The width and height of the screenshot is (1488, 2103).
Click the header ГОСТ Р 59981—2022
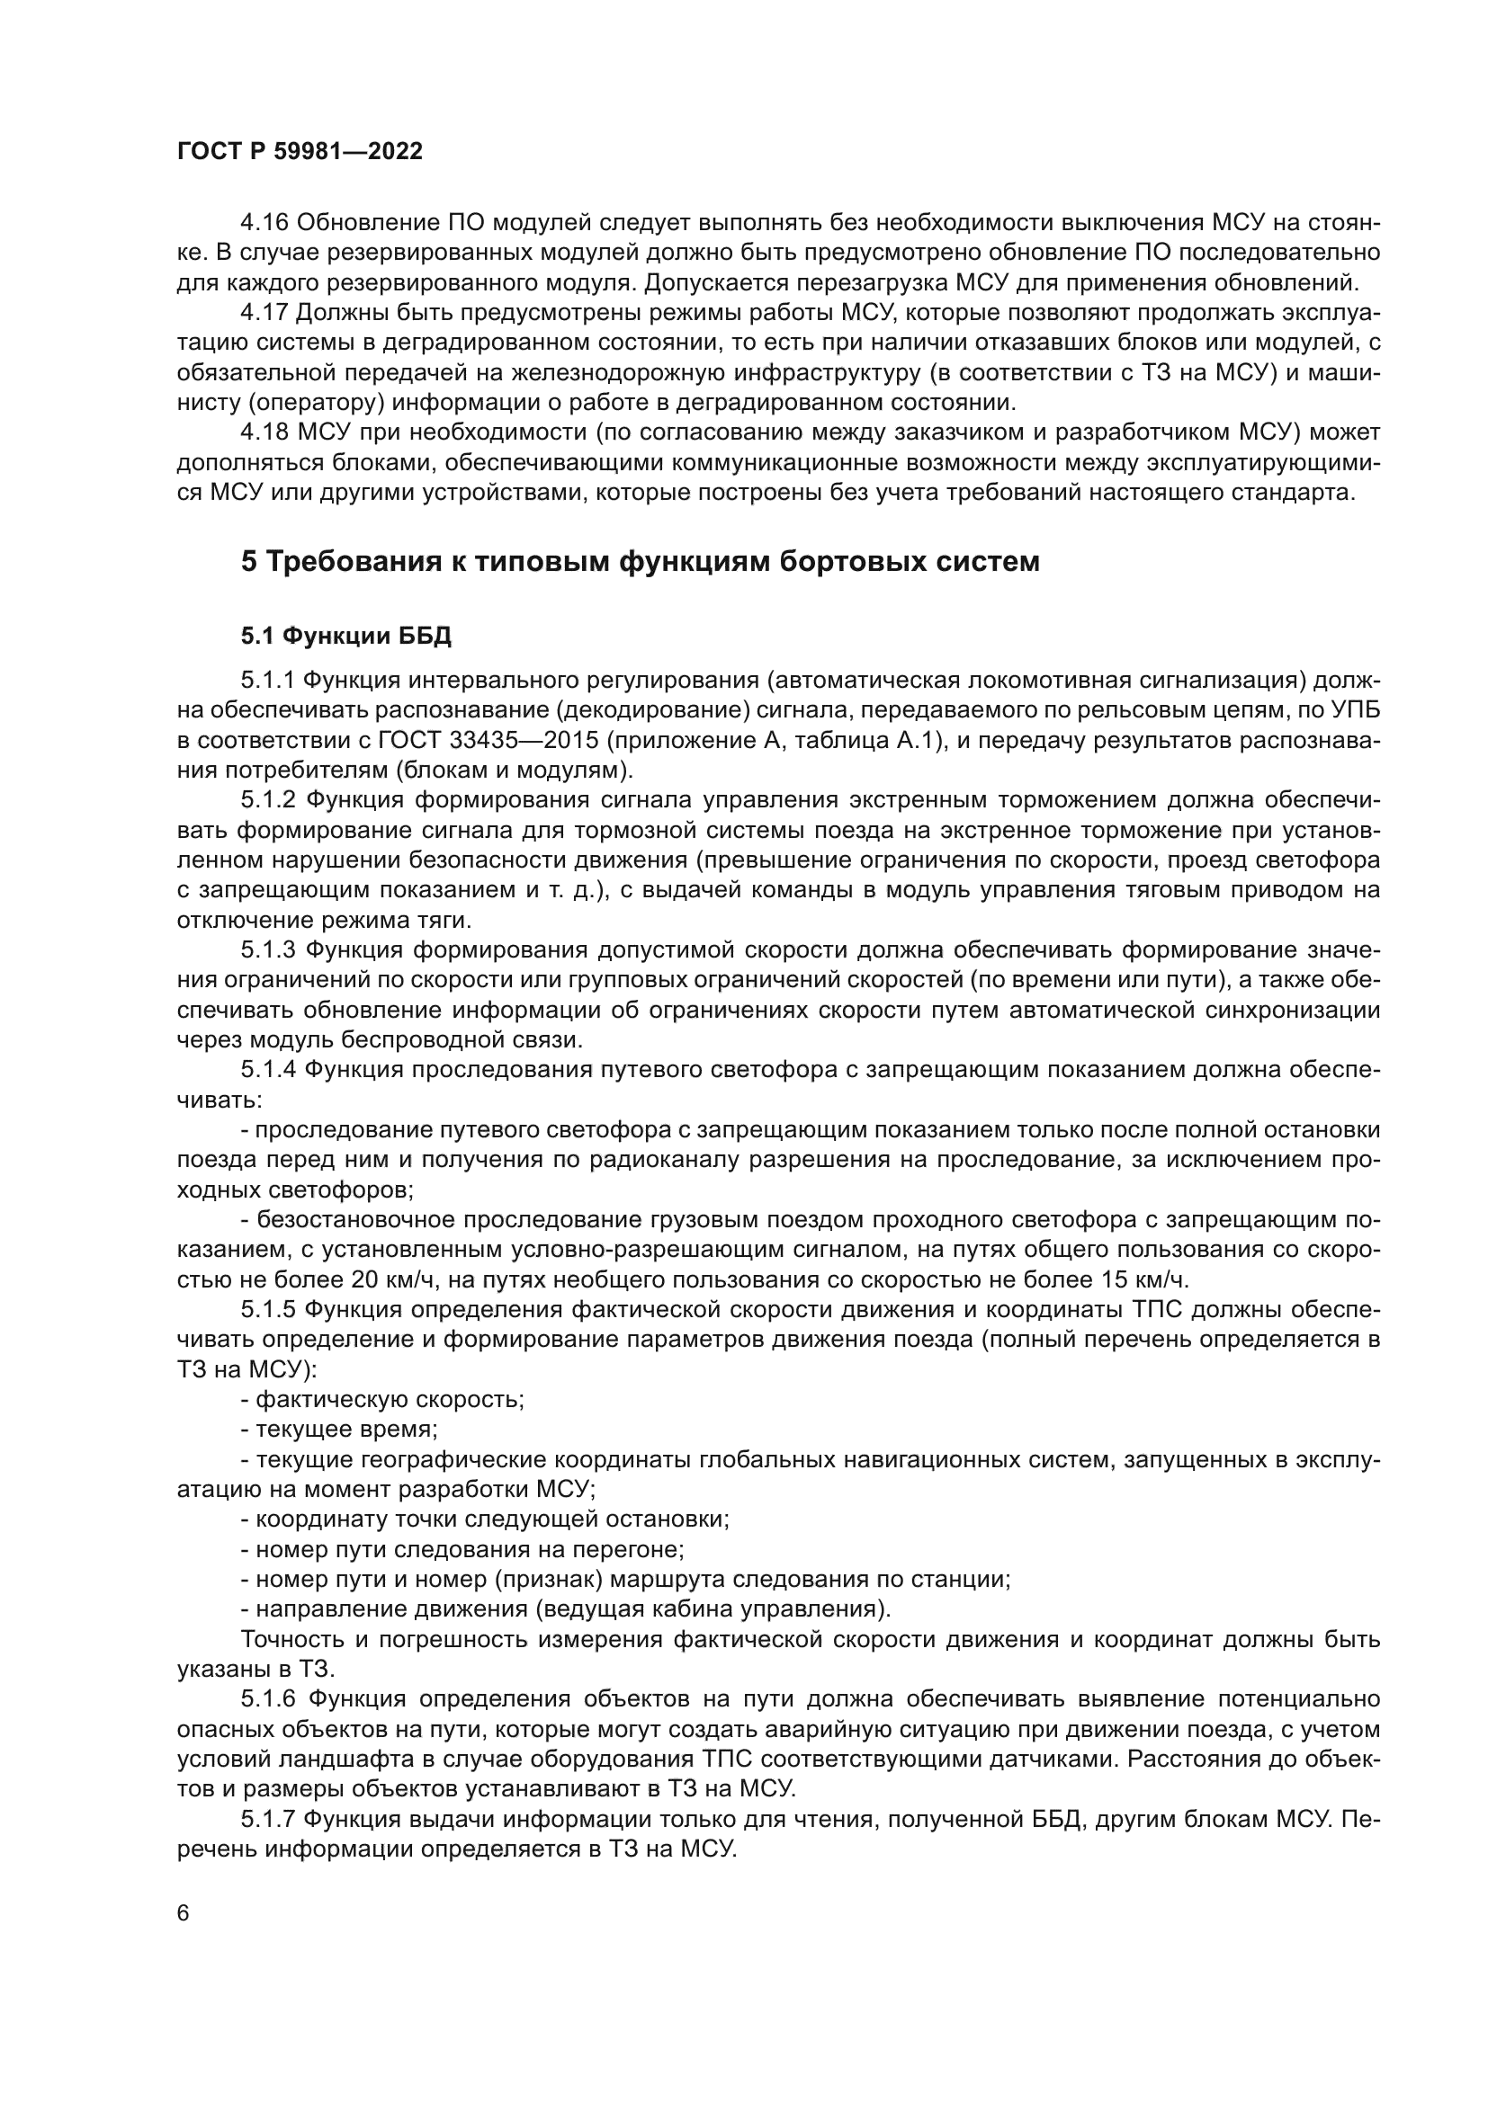pos(300,152)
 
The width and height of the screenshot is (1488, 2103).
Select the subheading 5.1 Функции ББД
pos(345,636)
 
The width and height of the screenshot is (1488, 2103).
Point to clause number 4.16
pos(264,223)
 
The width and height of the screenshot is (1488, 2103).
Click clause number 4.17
pos(264,312)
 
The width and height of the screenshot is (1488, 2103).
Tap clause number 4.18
pos(264,432)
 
